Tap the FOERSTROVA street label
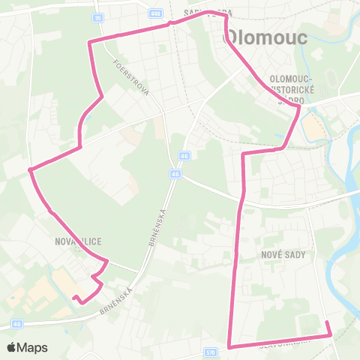(127, 76)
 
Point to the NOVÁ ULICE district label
(78, 241)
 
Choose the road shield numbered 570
(210, 352)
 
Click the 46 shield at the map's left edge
(16, 324)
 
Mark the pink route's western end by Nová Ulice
(73, 297)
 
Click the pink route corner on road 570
(229, 346)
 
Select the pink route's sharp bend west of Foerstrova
(90, 42)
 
